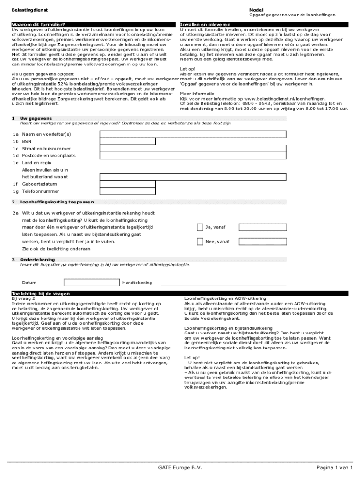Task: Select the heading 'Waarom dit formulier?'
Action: point(38,24)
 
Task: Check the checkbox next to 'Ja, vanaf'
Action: point(200,227)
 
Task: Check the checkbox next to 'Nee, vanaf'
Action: point(200,242)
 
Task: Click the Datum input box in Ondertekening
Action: point(91,283)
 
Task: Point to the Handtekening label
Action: point(137,283)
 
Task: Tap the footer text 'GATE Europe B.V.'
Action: point(180,468)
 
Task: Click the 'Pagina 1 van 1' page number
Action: point(334,468)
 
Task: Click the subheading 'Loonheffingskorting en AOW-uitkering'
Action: point(225,298)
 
